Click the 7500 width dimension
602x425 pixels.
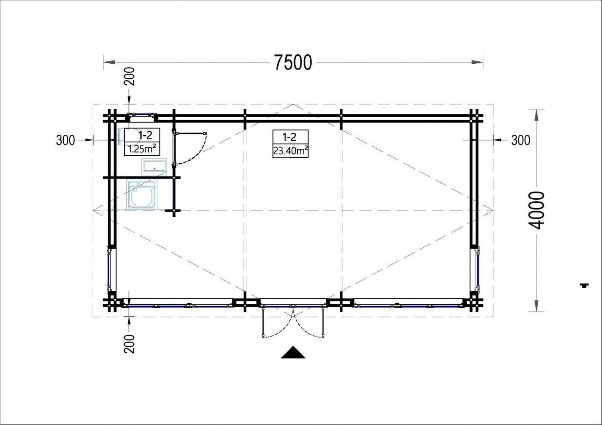point(293,62)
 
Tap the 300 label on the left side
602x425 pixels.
point(66,140)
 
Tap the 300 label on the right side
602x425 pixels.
point(521,140)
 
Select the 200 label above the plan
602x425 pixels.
point(129,76)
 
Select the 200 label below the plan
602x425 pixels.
point(129,344)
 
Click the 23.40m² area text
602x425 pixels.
point(291,151)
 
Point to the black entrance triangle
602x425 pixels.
point(293,353)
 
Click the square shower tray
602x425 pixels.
point(142,194)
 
